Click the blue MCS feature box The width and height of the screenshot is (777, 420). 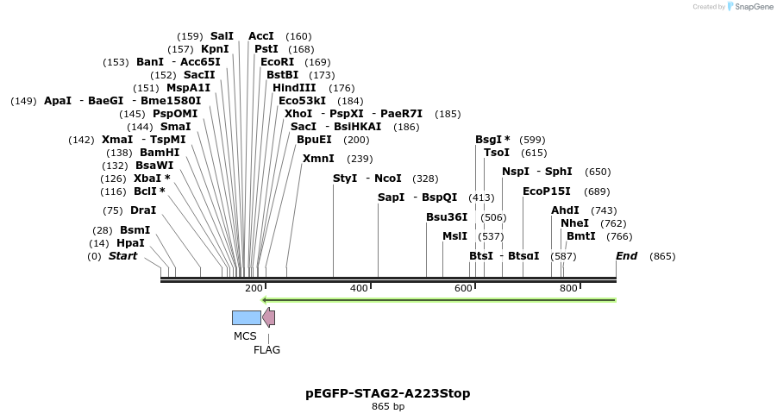[246, 318]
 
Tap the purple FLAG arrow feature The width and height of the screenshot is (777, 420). [269, 318]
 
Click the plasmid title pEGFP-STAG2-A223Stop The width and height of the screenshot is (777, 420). [388, 393]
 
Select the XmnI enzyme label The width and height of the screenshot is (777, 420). [318, 159]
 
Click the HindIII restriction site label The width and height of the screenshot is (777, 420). [294, 88]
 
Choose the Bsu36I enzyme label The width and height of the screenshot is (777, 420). [447, 217]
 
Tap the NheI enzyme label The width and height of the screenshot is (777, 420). [575, 223]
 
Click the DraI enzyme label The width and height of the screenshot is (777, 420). [143, 210]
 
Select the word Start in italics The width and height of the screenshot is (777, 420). [122, 256]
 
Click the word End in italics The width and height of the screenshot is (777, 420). [626, 256]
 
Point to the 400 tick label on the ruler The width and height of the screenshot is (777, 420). [359, 288]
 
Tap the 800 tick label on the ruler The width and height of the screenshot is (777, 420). [568, 288]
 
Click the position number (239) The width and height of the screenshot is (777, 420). [360, 159]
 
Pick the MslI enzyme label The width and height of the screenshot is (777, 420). [454, 236]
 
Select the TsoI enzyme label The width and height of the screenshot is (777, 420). [497, 153]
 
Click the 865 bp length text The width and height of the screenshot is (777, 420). [388, 407]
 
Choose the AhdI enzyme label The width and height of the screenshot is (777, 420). [566, 210]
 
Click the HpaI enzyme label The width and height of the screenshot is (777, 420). [130, 243]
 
